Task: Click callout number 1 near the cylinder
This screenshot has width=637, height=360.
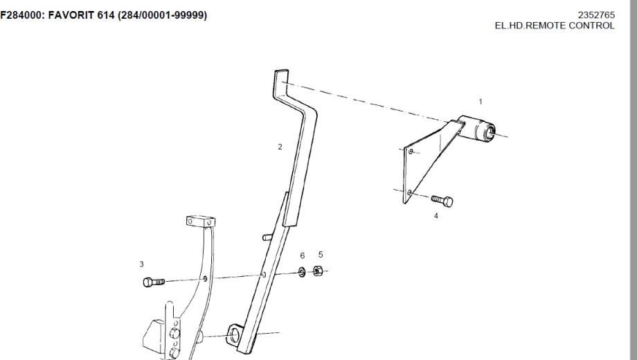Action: tap(481, 102)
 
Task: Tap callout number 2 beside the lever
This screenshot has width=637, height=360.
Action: tap(280, 147)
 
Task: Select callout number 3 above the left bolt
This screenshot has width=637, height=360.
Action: tap(142, 264)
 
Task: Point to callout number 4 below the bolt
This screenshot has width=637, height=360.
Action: tap(436, 216)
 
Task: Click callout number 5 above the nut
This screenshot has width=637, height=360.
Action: tap(320, 254)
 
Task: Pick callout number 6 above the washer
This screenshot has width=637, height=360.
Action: tap(303, 255)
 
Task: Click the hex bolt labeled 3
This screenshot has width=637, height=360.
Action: tap(153, 281)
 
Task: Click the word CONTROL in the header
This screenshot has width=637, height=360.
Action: tap(593, 26)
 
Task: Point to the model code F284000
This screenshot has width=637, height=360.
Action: tap(24, 15)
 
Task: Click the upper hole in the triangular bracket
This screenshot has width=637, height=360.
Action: tap(411, 151)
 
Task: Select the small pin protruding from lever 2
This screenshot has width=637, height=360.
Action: tap(266, 237)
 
